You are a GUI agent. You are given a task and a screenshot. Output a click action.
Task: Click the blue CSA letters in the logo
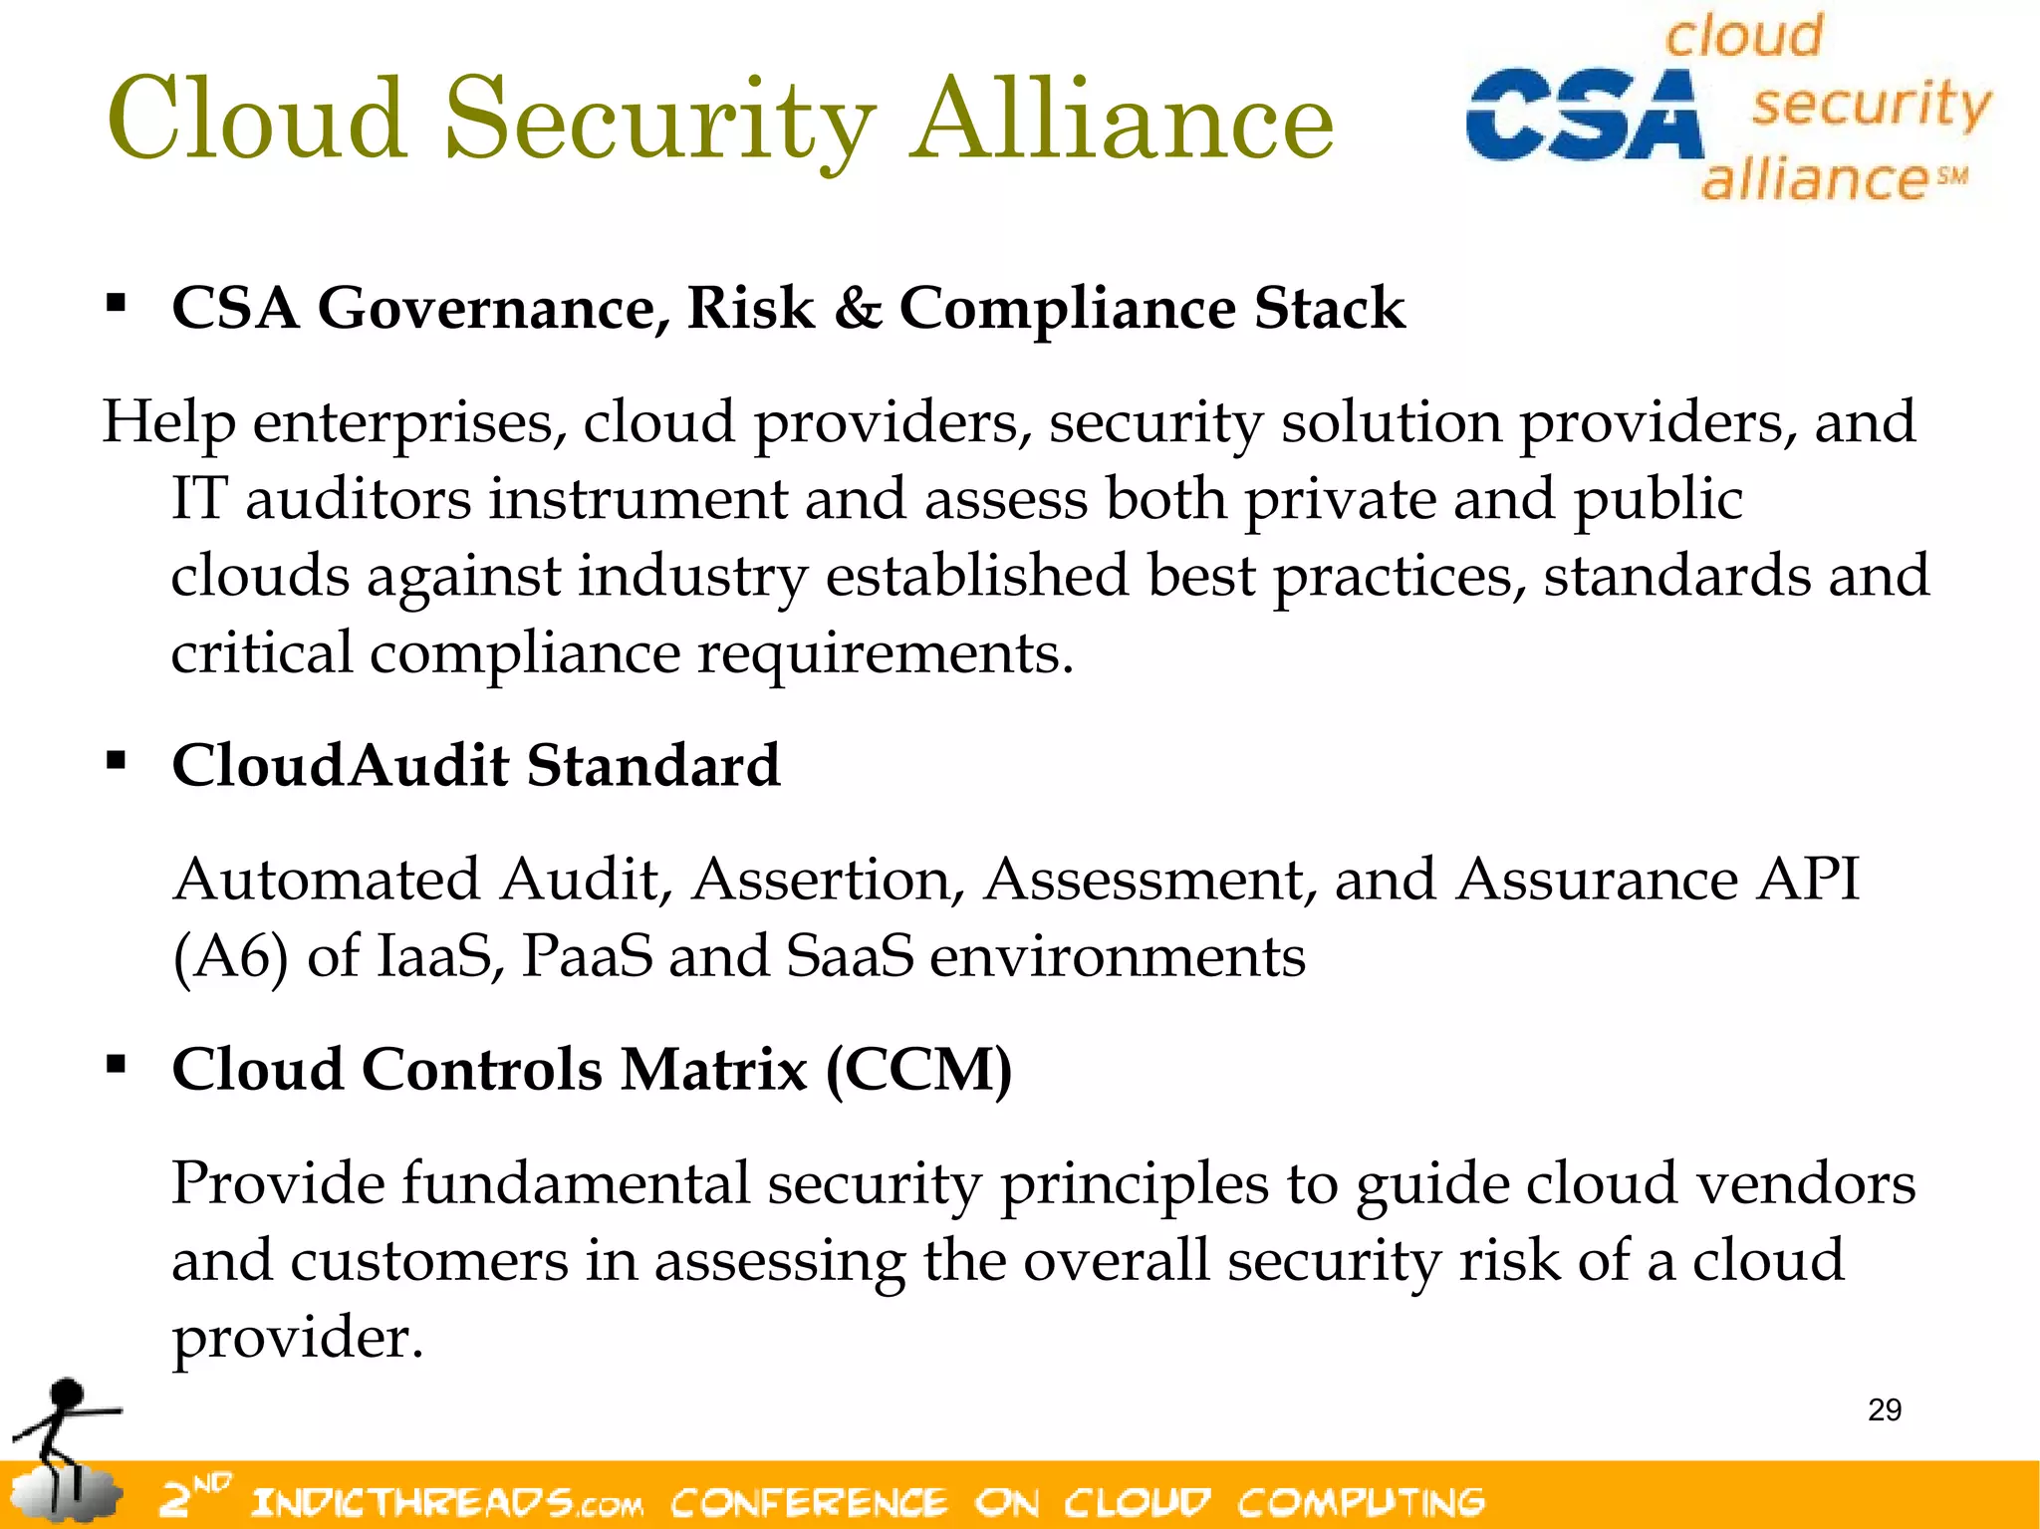pos(1584,115)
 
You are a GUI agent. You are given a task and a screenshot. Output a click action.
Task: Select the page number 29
pos(1885,1409)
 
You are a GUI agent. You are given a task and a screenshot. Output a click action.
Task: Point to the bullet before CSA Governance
pos(117,303)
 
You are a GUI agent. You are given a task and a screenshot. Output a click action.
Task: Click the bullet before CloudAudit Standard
pos(117,761)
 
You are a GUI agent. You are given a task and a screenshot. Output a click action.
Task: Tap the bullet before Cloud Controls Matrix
pos(117,1065)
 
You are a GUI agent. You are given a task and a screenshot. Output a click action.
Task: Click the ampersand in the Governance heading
pos(858,307)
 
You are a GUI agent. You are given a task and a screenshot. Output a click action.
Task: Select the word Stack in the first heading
pos(1329,307)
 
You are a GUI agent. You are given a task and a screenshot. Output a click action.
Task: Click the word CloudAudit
pos(340,765)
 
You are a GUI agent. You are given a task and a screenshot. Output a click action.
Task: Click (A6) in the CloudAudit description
pos(230,956)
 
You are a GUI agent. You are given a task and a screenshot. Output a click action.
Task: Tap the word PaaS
pos(587,956)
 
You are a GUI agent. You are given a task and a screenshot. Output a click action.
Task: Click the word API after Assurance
pos(1808,880)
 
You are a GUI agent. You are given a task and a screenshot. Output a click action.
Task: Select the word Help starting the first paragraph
pos(168,421)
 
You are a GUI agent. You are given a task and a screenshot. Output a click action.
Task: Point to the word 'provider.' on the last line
pos(297,1337)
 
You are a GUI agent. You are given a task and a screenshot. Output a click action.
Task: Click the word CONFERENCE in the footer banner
pos(808,1501)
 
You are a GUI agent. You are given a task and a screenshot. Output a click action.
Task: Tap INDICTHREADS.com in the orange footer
pos(447,1501)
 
